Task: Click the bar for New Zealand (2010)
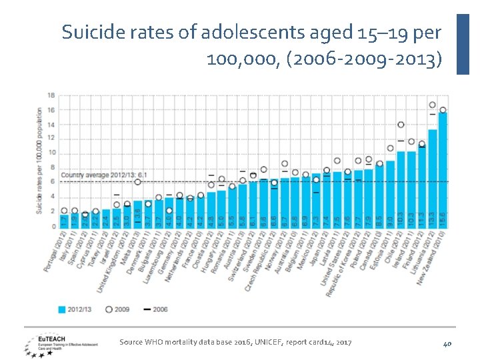pyautogui.click(x=443, y=170)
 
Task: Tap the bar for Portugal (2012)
pyautogui.click(x=64, y=221)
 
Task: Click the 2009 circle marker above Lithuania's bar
pyautogui.click(x=432, y=105)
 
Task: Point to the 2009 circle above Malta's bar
pyautogui.click(x=137, y=182)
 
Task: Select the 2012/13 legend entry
pyautogui.click(x=77, y=309)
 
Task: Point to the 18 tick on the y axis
pyautogui.click(x=51, y=95)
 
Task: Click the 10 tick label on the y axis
pyautogui.click(x=51, y=153)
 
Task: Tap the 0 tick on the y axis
pyautogui.click(x=53, y=227)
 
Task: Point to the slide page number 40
pyautogui.click(x=447, y=343)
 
